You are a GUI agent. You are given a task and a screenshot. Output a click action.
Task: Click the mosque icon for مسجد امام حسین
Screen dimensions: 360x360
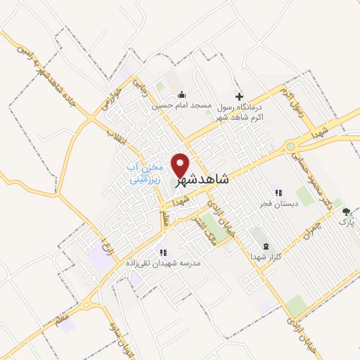181,95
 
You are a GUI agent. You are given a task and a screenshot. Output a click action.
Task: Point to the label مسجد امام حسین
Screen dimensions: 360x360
181,105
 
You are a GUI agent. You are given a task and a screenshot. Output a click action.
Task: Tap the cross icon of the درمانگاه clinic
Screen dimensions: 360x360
239,96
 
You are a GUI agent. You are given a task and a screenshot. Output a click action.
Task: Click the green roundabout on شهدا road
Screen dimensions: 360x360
290,146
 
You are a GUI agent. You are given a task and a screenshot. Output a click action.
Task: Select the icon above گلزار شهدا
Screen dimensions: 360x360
265,246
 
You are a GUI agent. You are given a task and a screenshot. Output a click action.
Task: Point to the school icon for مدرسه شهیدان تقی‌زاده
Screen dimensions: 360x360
162,252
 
